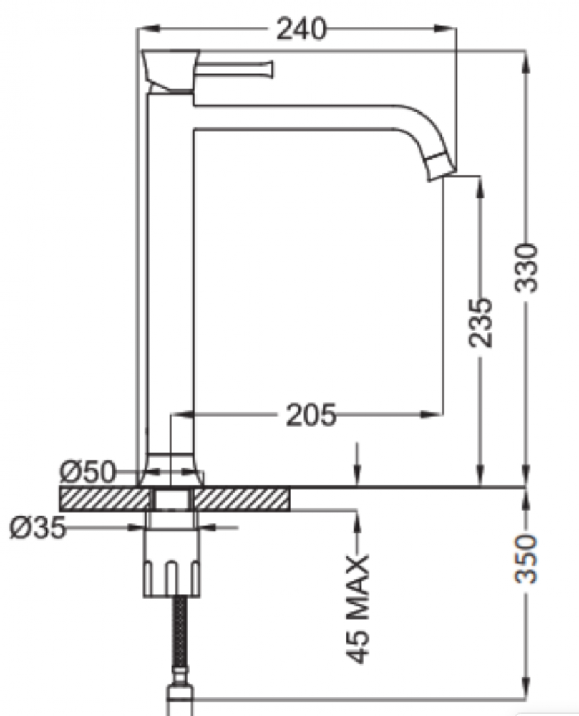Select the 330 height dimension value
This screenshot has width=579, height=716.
pos(527,267)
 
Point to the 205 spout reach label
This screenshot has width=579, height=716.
pos(311,415)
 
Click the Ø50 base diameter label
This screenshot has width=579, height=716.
pos(87,473)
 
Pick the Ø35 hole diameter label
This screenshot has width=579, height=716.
pos(37,528)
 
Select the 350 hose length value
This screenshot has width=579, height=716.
pos(527,558)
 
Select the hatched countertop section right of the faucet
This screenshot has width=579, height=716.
pos(243,498)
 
